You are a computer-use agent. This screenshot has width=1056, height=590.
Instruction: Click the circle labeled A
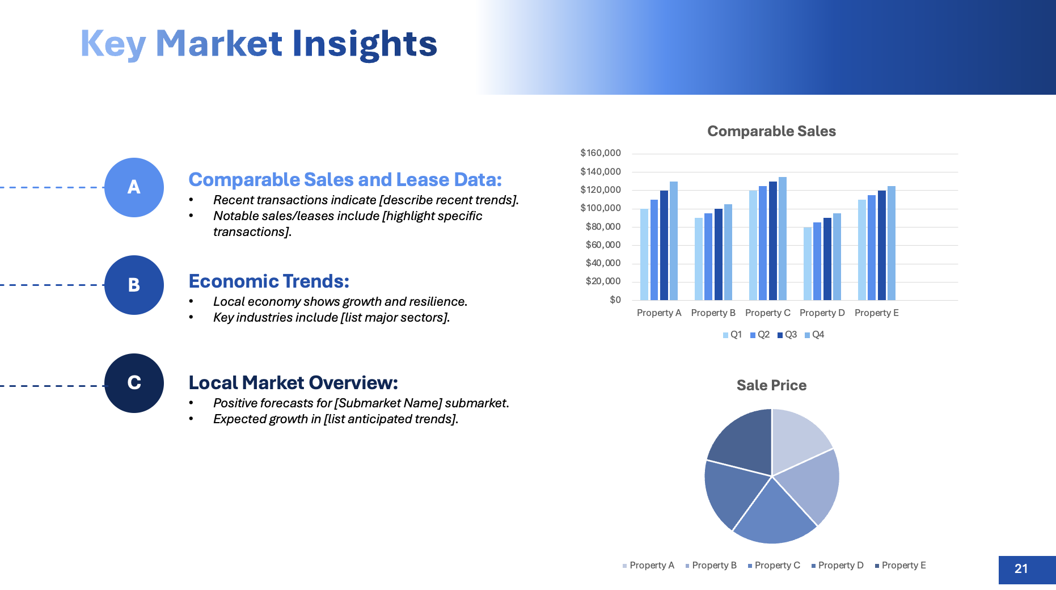(134, 187)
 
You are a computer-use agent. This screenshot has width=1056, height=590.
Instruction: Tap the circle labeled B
(134, 285)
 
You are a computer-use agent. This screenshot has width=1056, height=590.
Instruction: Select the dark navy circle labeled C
(134, 383)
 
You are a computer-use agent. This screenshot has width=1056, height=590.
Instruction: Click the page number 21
(1021, 569)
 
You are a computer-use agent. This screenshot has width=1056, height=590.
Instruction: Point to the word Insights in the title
(365, 44)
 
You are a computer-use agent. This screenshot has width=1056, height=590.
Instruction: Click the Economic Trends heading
(269, 281)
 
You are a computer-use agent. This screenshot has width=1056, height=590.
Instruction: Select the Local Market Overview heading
(293, 383)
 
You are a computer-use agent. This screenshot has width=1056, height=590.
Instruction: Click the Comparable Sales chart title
(771, 131)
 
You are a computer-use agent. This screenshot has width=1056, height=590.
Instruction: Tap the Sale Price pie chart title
(771, 385)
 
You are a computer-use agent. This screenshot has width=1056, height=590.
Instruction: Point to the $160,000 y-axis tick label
(601, 153)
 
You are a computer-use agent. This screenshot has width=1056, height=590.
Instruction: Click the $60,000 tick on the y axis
(603, 245)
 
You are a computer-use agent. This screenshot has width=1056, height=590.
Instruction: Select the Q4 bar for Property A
(674, 241)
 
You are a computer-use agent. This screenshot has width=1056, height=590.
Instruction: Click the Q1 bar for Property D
(808, 264)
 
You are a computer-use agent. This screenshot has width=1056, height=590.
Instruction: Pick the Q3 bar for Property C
(773, 241)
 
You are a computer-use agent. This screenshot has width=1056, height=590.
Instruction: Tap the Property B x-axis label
(713, 313)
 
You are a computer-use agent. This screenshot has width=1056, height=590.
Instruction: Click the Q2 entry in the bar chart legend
(760, 335)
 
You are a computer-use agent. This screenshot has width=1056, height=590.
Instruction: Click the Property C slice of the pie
(774, 513)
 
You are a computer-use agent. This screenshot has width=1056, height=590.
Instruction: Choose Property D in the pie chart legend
(838, 566)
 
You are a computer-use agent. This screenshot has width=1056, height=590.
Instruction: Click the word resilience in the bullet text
(438, 302)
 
